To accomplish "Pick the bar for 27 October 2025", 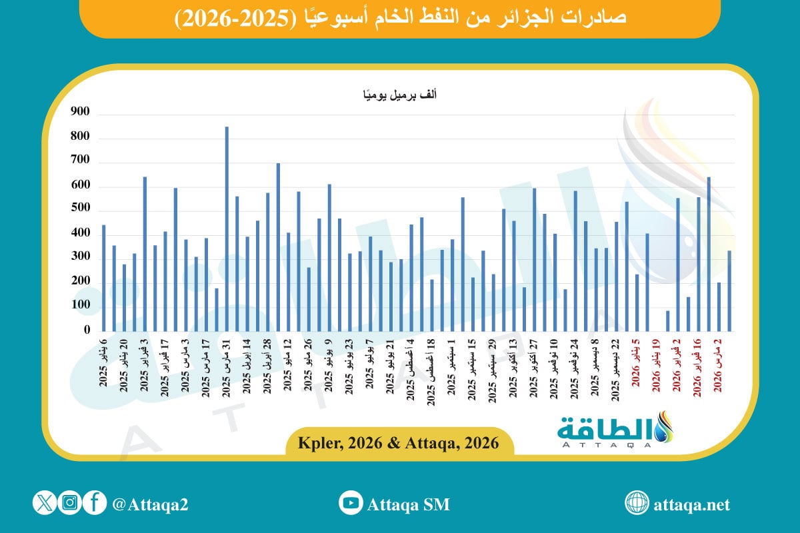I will click(534, 259).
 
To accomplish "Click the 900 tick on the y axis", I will click(79, 115).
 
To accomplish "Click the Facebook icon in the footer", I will click(95, 503).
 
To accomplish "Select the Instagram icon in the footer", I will click(69, 503).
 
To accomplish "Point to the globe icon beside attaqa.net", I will click(637, 503).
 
